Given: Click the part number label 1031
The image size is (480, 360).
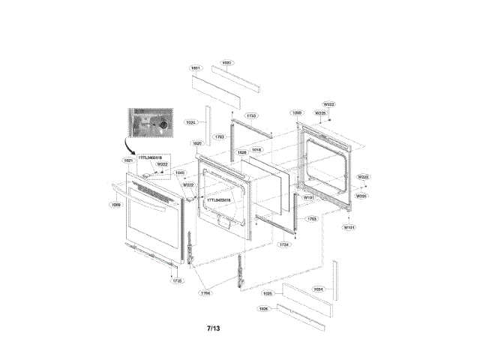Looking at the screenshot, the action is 196,68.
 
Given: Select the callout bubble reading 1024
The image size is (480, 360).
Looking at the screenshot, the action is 192,121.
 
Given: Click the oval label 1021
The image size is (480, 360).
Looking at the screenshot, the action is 129,160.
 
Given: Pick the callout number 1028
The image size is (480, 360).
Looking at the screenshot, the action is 242,151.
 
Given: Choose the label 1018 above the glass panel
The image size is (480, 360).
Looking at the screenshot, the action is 256,150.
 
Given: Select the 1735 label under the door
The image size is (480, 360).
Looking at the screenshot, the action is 177,280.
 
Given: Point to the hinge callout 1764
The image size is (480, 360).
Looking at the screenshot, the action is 205,292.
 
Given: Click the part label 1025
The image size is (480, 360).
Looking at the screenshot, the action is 268,294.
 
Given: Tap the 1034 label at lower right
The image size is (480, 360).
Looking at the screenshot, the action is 318,288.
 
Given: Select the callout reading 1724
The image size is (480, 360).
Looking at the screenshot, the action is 283,244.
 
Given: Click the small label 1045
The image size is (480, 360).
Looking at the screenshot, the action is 180,172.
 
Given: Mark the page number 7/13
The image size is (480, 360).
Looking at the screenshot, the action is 214,328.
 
